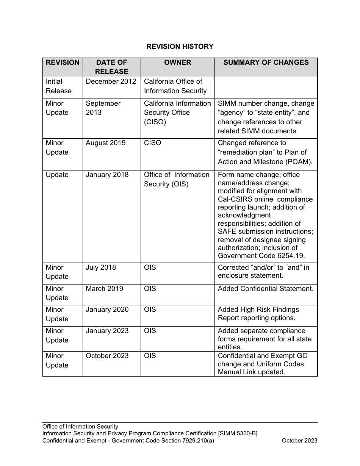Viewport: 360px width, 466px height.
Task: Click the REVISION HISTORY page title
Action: pyautogui.click(x=180, y=47)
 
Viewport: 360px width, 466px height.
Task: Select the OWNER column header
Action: pyautogui.click(x=177, y=63)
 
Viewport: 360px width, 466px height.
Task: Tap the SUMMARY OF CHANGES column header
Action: pyautogui.click(x=266, y=63)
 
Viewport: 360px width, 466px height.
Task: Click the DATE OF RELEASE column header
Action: pyautogui.click(x=111, y=67)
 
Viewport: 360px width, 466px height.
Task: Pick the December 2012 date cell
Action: pyautogui.click(x=111, y=81)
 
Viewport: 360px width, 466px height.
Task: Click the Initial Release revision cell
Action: pyautogui.click(x=58, y=86)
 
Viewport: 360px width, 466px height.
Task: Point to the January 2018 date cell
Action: pyautogui.click(x=107, y=175)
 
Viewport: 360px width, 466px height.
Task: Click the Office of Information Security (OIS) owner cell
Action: pyautogui.click(x=176, y=179)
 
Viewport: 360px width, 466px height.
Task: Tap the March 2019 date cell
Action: pyautogui.click(x=104, y=289)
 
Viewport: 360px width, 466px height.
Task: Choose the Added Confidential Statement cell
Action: pyautogui.click(x=265, y=289)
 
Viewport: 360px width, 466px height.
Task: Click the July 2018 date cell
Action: pyautogui.click(x=101, y=267)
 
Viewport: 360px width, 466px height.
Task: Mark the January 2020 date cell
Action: pyautogui.click(x=107, y=310)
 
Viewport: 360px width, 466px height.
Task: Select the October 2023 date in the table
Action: pyautogui.click(x=107, y=356)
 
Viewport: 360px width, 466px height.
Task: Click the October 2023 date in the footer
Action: pyautogui.click(x=299, y=441)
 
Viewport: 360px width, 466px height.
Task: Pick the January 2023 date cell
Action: pyautogui.click(x=107, y=331)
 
